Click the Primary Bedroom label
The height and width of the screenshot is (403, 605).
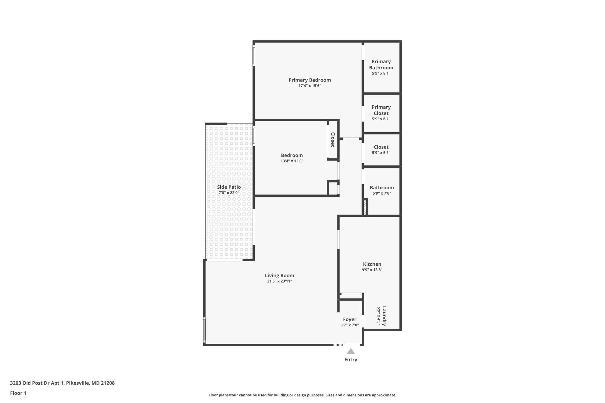(x=310, y=80)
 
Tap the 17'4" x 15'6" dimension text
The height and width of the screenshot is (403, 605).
(x=310, y=86)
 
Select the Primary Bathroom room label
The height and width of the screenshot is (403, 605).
(x=381, y=64)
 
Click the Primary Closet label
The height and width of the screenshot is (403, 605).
(x=381, y=110)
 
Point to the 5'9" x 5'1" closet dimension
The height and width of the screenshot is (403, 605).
(x=381, y=153)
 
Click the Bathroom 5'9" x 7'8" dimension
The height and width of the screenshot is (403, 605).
(x=382, y=193)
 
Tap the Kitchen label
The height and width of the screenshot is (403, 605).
(x=372, y=264)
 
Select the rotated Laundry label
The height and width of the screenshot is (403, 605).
(x=384, y=316)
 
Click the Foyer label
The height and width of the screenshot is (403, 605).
(x=349, y=319)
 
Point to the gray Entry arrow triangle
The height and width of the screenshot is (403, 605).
(x=351, y=351)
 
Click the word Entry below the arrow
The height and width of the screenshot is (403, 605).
(x=351, y=360)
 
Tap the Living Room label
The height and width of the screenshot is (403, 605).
(x=279, y=275)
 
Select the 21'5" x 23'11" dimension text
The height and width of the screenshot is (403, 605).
(x=279, y=281)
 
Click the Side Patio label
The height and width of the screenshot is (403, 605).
(x=229, y=187)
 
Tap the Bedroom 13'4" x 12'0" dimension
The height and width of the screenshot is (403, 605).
(x=292, y=161)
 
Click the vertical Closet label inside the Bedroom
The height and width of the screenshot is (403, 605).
(x=333, y=139)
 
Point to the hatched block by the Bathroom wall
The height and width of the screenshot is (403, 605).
(x=365, y=207)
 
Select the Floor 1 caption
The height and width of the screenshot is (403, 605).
(x=18, y=393)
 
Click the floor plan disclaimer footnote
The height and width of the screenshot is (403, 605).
(x=302, y=395)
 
